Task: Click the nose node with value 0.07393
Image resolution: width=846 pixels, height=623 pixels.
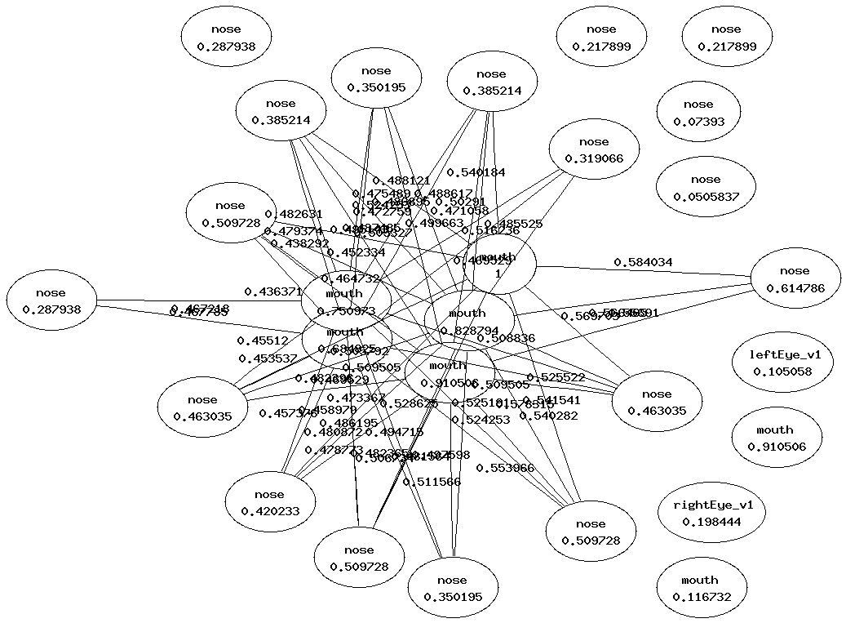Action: click(x=698, y=113)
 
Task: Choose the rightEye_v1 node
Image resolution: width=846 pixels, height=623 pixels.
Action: click(x=708, y=513)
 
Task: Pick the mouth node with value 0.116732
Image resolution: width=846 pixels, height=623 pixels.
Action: click(x=700, y=589)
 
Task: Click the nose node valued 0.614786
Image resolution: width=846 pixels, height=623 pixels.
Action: click(x=795, y=279)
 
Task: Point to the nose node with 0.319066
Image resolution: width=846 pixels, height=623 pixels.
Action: click(x=593, y=150)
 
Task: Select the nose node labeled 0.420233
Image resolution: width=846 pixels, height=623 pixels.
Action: click(x=269, y=503)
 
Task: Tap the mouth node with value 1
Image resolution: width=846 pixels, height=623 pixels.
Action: click(x=498, y=265)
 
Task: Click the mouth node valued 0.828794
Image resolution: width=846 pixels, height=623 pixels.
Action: click(x=468, y=321)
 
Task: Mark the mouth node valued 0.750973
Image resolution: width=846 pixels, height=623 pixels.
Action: click(x=344, y=301)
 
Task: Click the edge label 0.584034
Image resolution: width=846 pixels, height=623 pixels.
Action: click(x=643, y=262)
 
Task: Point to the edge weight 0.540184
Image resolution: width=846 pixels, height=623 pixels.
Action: click(x=476, y=172)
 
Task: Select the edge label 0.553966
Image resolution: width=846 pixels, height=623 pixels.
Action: click(x=505, y=468)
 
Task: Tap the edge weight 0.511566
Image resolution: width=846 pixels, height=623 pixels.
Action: click(x=432, y=482)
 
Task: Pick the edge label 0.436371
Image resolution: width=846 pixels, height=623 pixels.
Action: click(x=272, y=291)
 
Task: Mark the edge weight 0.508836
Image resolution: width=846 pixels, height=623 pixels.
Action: click(x=506, y=337)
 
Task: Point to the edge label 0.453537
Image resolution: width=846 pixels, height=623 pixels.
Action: click(x=268, y=358)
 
